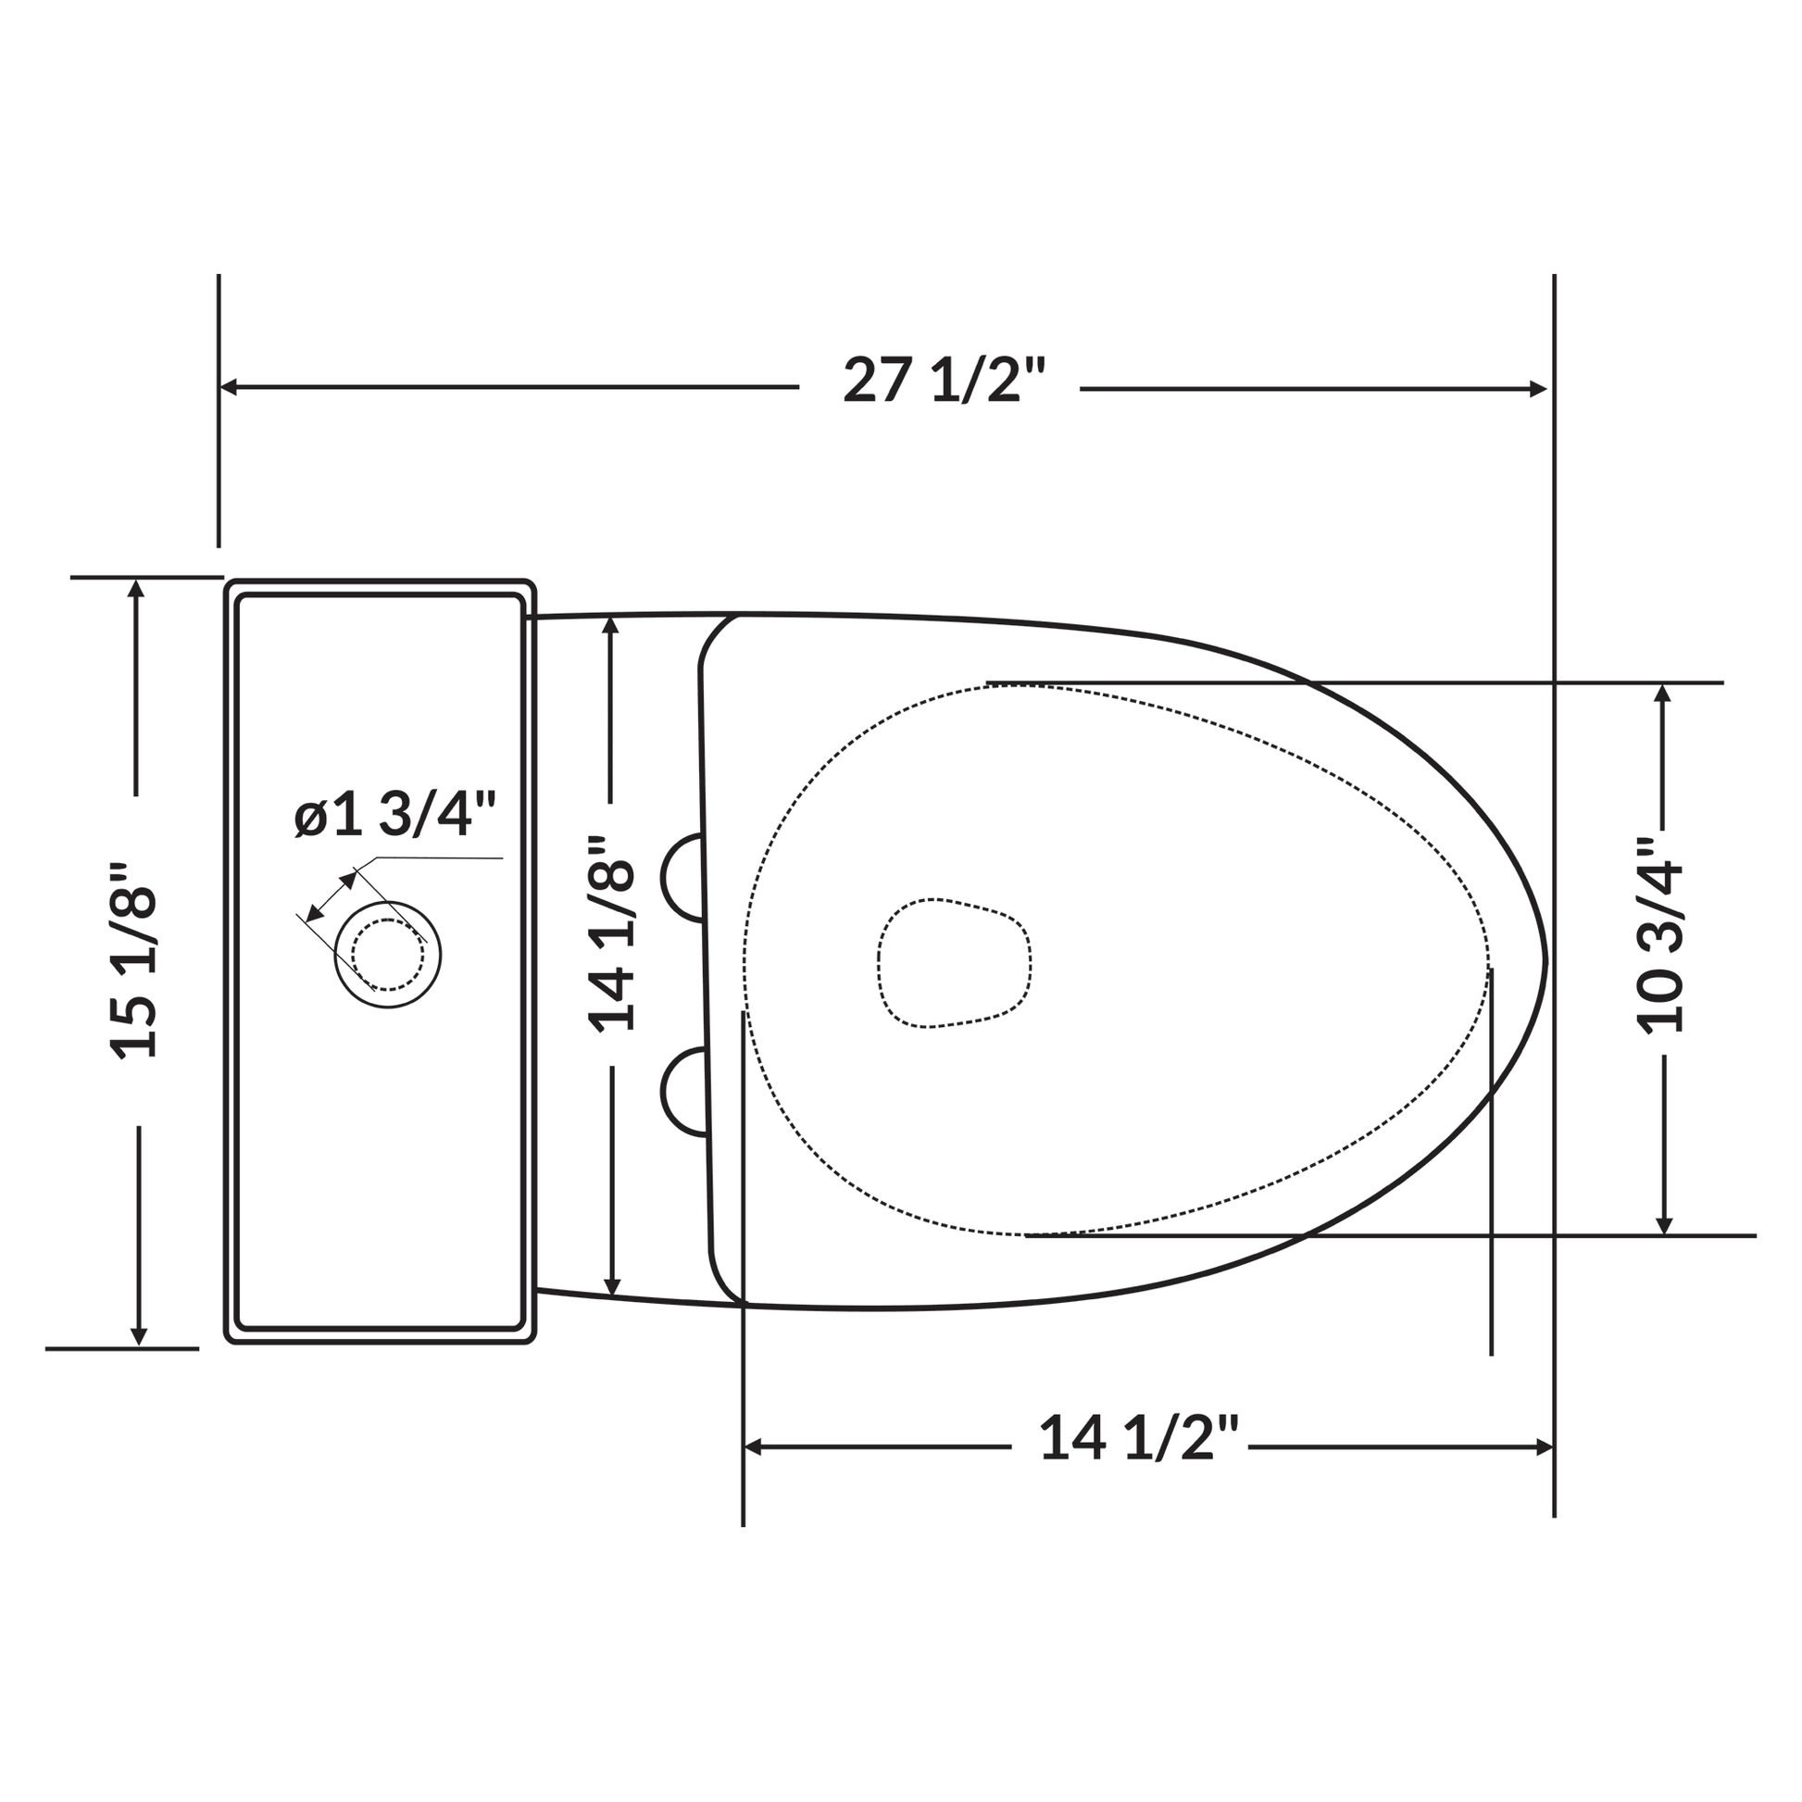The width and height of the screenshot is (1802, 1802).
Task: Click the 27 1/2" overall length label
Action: coord(944,380)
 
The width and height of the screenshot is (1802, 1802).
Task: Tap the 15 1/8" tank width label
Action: coord(133,960)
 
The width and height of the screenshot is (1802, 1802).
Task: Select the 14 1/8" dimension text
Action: coord(612,932)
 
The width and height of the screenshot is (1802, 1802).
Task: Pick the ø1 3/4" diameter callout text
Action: coord(395,813)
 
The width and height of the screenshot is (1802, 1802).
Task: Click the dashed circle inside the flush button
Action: coord(388,954)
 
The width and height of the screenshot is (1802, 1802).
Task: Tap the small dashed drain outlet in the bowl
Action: coord(953,963)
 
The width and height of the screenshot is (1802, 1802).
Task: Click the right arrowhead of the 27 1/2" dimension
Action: coord(1538,389)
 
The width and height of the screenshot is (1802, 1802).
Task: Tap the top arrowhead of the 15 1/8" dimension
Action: coord(136,588)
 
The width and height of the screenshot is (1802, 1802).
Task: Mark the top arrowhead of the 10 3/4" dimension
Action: coord(1662,693)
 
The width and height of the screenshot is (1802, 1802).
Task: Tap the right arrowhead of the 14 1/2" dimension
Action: coord(1544,1447)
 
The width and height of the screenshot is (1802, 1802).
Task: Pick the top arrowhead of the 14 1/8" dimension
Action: coord(611,624)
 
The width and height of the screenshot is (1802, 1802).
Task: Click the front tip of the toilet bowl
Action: coord(1546,960)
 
